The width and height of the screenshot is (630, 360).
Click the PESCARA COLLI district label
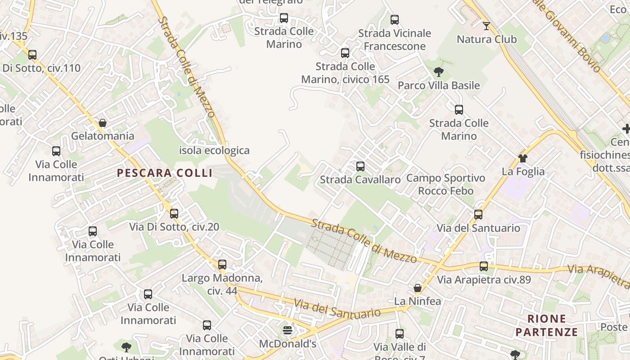(x=165, y=173)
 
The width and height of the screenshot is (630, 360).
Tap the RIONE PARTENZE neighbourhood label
(x=546, y=325)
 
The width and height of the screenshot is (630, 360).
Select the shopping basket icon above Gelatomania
(x=103, y=123)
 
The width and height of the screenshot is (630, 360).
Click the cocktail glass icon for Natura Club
(x=486, y=26)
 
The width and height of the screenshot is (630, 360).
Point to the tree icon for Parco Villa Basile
(x=439, y=72)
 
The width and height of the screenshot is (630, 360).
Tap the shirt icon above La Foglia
(x=523, y=158)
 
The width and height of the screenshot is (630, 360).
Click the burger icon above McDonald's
(x=288, y=331)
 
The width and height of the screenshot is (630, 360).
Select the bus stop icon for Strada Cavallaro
(x=360, y=166)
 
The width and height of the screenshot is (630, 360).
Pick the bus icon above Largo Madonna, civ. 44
(x=222, y=265)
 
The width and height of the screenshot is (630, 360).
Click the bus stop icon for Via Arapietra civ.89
(x=484, y=266)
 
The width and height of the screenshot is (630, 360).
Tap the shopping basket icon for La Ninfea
(x=418, y=288)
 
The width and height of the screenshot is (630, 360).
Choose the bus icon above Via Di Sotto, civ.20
(x=174, y=214)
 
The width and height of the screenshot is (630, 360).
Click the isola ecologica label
(x=214, y=150)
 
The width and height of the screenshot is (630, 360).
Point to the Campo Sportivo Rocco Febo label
(x=445, y=184)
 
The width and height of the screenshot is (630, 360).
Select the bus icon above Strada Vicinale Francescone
(x=395, y=20)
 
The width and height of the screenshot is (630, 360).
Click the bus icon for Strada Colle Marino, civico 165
(x=345, y=53)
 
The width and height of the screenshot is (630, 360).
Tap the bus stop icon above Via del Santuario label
(x=478, y=215)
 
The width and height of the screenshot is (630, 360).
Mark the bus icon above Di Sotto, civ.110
(x=32, y=55)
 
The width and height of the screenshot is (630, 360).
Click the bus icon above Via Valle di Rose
(x=400, y=334)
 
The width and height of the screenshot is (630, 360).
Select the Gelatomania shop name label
(x=103, y=136)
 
